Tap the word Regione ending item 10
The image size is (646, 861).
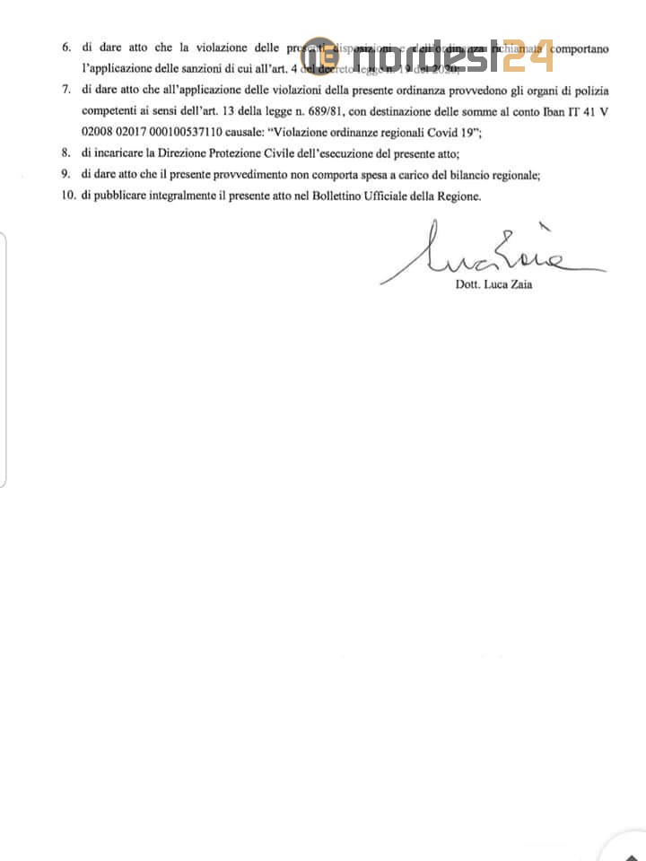coord(458,196)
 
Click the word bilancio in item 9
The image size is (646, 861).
coord(470,175)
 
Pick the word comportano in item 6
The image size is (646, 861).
coord(580,48)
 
